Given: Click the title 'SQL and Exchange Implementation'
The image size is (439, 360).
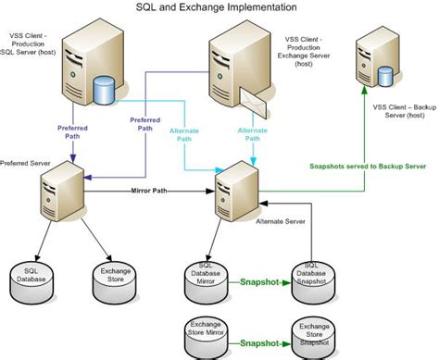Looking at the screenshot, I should (219, 7).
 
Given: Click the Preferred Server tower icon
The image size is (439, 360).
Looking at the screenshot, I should (56, 191).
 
